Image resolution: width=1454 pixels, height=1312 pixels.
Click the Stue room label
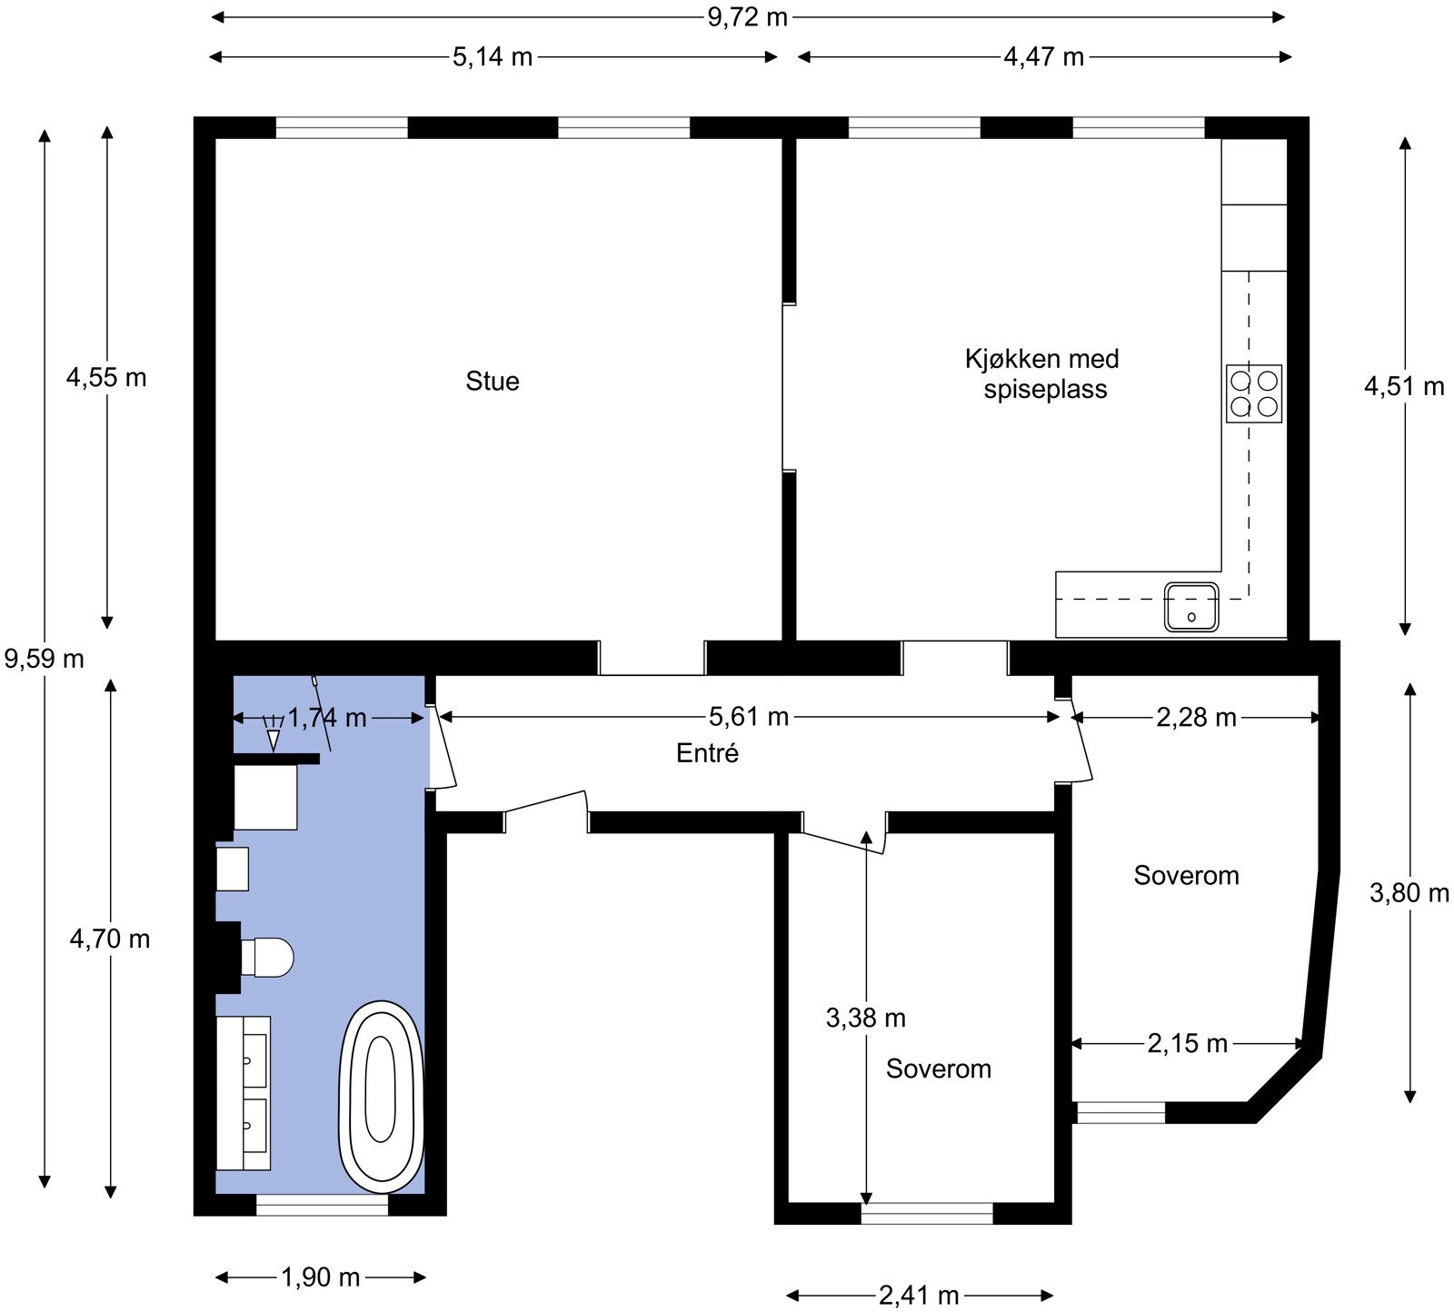click(493, 381)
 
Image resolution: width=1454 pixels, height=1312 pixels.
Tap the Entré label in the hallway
click(708, 753)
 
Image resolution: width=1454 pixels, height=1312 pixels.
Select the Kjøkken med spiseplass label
click(1043, 373)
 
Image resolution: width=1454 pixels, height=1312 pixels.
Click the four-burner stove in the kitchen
click(1254, 393)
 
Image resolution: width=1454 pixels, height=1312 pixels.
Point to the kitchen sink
click(1191, 606)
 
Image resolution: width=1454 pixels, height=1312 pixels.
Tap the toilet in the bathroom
click(267, 957)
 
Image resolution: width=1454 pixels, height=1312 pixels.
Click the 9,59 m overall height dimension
click(45, 658)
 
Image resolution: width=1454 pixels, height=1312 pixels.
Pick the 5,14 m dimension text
click(493, 56)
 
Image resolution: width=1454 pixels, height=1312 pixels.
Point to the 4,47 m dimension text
click(1044, 56)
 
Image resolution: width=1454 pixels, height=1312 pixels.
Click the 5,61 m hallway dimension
click(749, 717)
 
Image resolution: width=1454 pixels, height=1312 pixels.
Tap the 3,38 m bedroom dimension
click(866, 1018)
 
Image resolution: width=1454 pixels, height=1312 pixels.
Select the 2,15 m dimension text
click(1188, 1044)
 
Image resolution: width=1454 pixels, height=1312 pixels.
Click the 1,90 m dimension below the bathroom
click(321, 1277)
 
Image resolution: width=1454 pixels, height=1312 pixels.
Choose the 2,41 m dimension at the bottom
click(919, 1295)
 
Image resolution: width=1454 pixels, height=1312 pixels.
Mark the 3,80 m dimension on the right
click(1409, 893)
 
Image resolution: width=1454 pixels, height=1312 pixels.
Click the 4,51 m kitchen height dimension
click(1404, 386)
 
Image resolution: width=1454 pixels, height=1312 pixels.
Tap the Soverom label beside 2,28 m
click(1187, 875)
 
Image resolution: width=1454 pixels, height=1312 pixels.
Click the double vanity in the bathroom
click(244, 1093)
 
